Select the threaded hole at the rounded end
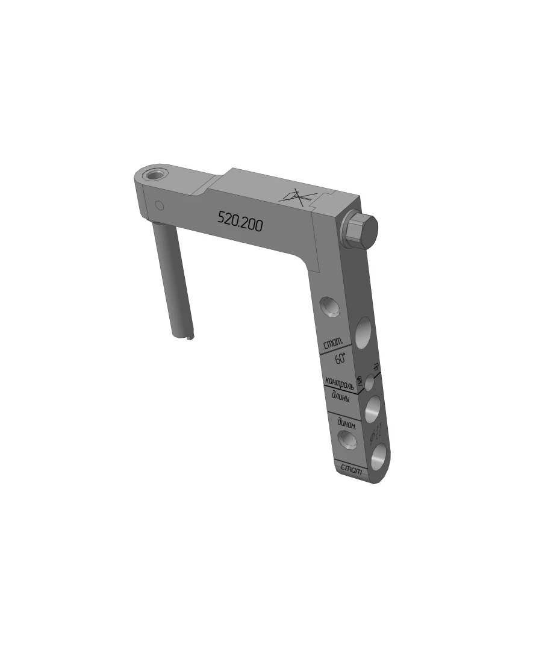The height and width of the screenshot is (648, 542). pos(155,175)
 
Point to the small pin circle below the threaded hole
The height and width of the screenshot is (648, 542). pos(159,205)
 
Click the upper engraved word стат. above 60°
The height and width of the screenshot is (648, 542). pos(333,344)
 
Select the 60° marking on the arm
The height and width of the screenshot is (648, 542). pos(341,358)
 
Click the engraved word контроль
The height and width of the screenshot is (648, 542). pos(339,382)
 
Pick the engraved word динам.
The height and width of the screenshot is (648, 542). pos(346,423)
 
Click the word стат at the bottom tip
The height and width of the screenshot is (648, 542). pos(351,469)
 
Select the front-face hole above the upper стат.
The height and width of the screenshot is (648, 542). pos(329,307)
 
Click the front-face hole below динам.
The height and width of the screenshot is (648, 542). pos(347,441)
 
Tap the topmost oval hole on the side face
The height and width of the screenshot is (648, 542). pos(363,332)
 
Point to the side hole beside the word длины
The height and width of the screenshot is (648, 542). pos(373,409)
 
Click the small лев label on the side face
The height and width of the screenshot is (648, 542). pos(360,381)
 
